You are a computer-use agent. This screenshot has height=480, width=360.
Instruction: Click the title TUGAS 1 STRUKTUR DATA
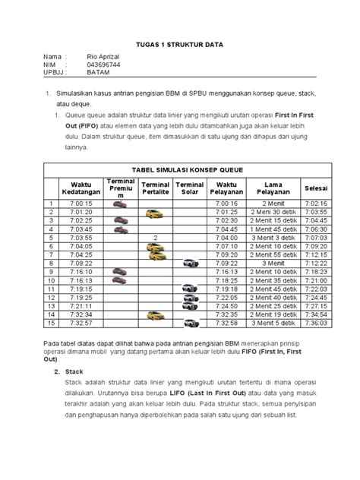[179, 45]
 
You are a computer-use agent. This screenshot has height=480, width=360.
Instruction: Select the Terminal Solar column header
[190, 188]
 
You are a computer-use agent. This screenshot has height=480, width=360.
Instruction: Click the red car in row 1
[120, 204]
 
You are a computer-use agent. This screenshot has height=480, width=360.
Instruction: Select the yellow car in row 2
[154, 213]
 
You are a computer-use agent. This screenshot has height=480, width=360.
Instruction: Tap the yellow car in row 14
[154, 314]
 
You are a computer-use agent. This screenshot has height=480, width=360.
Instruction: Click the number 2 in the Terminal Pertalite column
[154, 238]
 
